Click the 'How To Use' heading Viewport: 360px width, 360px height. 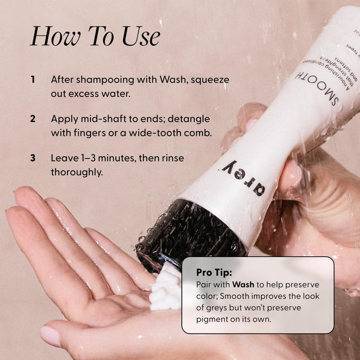95,36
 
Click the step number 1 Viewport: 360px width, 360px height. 33,79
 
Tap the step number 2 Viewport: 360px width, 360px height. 33,118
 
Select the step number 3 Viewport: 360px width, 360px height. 33,158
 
